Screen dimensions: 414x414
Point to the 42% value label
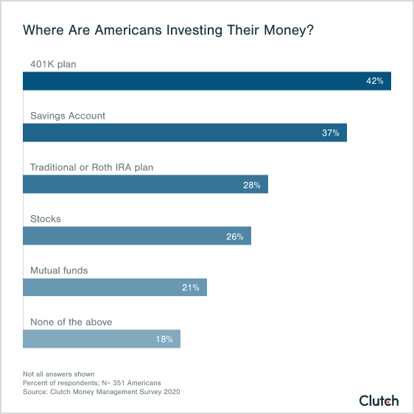374,81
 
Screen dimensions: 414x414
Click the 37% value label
330,133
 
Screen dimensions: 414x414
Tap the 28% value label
252,184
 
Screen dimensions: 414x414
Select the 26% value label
235,236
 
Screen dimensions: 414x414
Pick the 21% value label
191,287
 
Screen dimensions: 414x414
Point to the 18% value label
164,339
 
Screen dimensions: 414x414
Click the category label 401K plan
53,64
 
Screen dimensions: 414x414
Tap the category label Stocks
45,219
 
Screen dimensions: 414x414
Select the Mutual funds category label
59,270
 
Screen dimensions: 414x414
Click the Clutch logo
379,401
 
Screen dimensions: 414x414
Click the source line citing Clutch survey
101,392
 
